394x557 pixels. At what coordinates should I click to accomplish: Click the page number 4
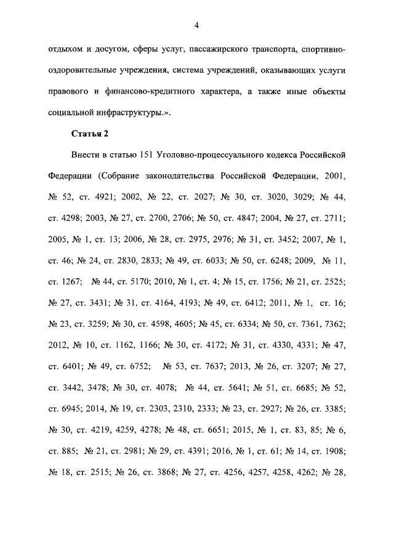pyautogui.click(x=197, y=25)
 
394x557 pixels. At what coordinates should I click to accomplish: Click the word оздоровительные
pyautogui.click(x=82, y=70)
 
